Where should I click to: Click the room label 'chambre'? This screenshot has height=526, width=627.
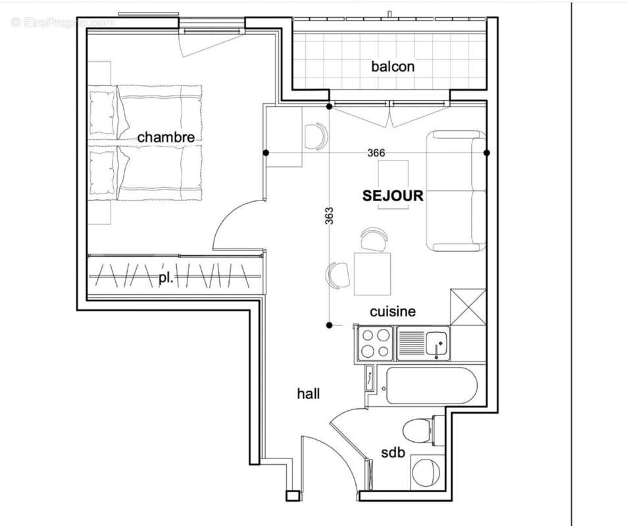pos(166,137)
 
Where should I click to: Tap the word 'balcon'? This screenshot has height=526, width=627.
pos(393,66)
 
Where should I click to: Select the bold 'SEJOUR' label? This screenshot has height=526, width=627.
pos(393,195)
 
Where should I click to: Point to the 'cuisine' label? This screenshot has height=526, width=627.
pos(392,312)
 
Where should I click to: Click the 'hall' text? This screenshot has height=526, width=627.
pos(309,394)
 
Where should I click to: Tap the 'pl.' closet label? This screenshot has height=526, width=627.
pos(166,278)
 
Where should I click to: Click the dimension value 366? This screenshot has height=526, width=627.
pos(376,153)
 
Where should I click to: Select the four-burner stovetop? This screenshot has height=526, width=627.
pos(375,343)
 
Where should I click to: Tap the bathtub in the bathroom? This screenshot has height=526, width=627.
pos(430,385)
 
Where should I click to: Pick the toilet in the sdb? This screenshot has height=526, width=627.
pos(418,431)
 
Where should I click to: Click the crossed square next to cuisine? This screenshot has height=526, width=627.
pos(468,307)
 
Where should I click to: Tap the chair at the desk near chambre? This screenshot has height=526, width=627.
pos(315,136)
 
